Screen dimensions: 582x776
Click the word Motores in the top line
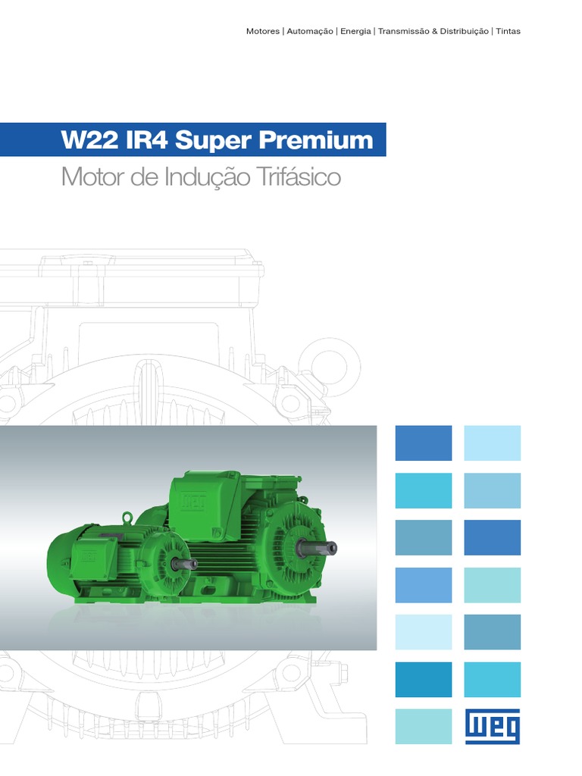[x=263, y=31]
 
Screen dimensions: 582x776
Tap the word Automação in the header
[x=310, y=32]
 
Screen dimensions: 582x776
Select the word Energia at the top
[x=355, y=32]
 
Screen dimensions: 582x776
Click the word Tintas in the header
[x=508, y=31]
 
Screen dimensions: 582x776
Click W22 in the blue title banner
[x=89, y=140]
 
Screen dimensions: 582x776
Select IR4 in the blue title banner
[x=147, y=140]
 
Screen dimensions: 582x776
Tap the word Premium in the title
[x=316, y=140]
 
